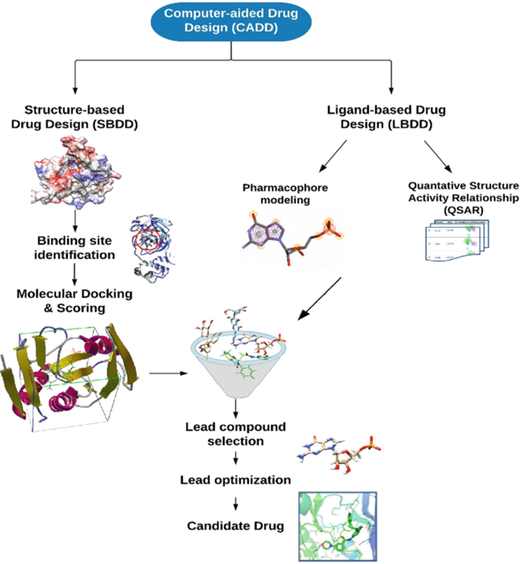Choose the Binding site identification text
74,245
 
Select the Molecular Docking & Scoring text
74,301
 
